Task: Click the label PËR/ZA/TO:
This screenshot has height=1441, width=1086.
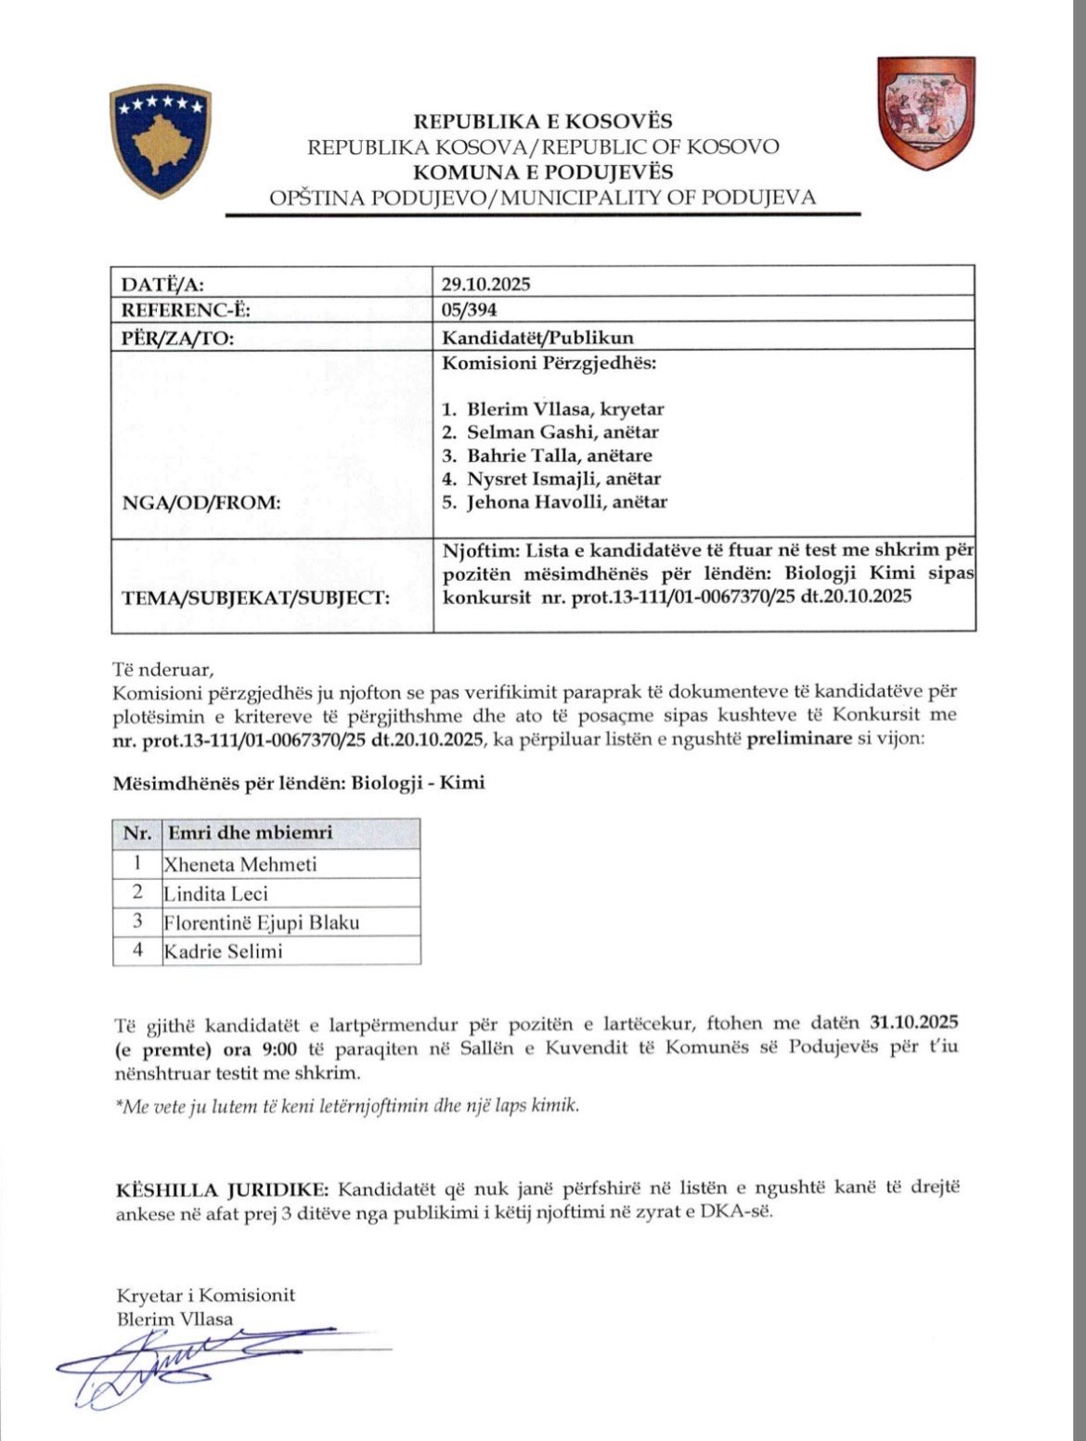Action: click(177, 337)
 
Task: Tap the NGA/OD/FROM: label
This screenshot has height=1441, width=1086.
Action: click(201, 503)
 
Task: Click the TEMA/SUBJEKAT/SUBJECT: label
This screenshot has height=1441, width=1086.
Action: click(254, 597)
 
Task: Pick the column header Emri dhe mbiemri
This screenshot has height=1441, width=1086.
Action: click(249, 833)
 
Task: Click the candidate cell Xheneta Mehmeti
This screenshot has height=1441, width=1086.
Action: click(241, 865)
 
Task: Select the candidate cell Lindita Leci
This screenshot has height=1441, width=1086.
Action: click(215, 894)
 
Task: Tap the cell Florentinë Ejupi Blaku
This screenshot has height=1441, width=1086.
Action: click(262, 922)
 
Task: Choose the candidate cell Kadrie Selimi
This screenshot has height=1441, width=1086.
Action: click(223, 951)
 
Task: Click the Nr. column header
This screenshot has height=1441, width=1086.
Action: click(137, 833)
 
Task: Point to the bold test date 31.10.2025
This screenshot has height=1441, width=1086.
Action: click(913, 1023)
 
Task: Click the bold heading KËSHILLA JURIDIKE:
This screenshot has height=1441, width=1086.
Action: click(222, 1190)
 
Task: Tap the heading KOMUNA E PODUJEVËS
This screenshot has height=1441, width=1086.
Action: click(543, 172)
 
